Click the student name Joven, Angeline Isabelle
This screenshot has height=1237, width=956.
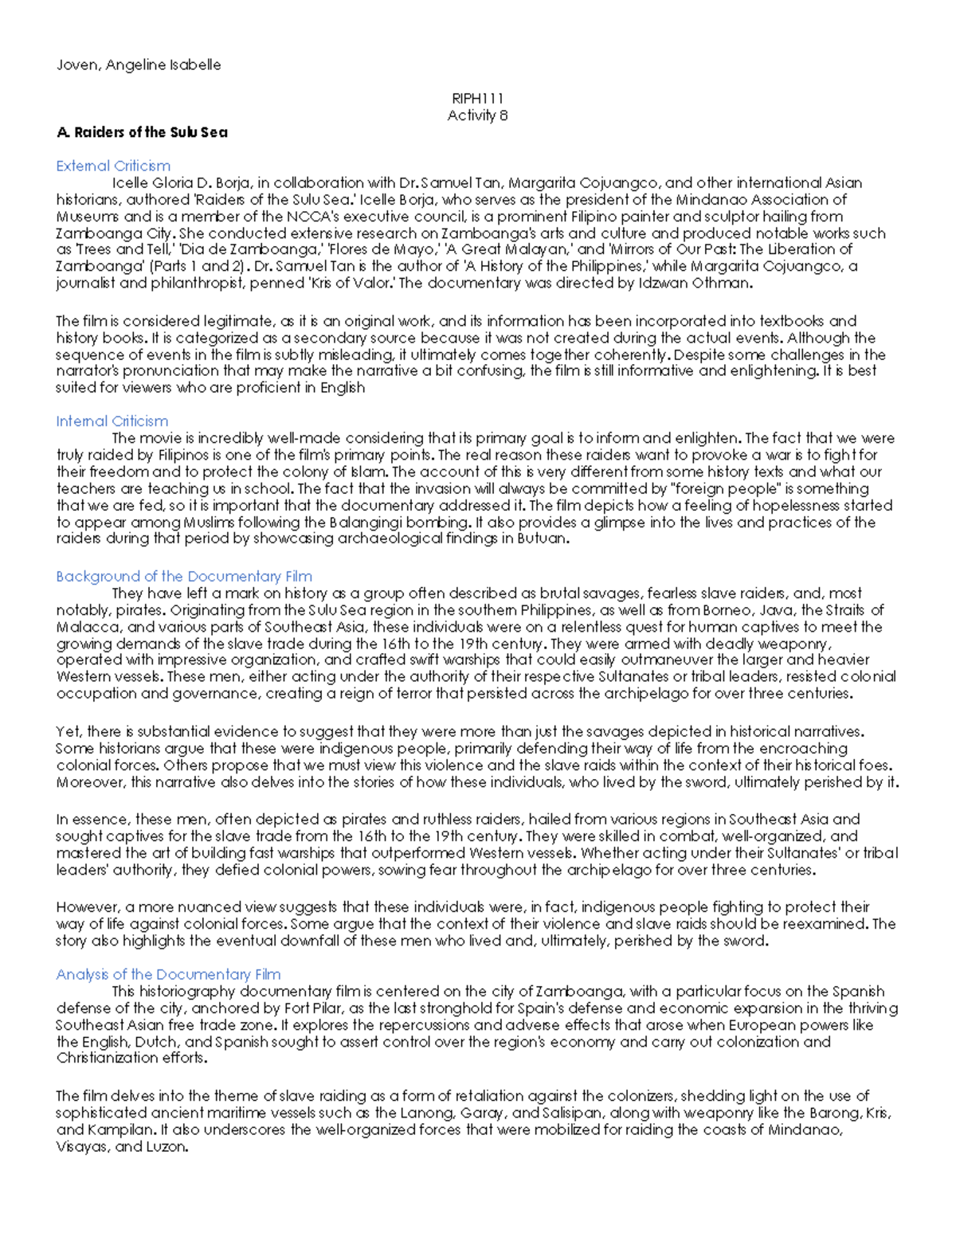(138, 65)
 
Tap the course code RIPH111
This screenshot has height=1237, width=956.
(477, 99)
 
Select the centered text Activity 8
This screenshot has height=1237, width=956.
(477, 115)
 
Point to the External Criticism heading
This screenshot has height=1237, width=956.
(113, 166)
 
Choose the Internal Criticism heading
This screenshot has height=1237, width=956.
(112, 421)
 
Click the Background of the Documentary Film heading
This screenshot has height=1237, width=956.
(184, 576)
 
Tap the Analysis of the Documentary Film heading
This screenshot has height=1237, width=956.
(168, 974)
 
